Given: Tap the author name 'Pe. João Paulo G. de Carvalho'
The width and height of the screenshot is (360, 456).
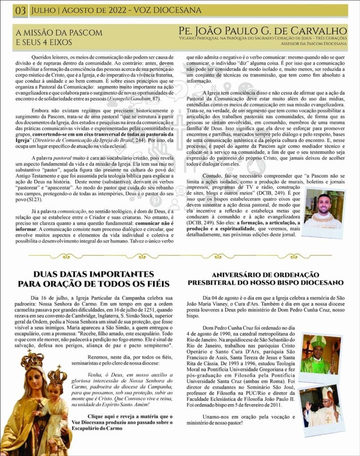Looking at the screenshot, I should [x=262, y=31].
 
